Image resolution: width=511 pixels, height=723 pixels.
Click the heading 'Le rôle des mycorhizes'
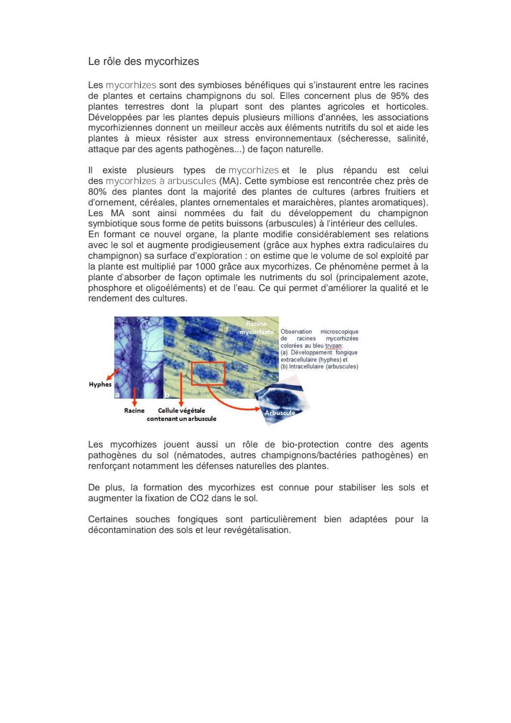(143, 61)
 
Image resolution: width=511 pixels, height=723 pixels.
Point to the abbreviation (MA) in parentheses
(230, 181)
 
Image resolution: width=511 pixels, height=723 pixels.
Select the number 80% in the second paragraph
(97, 192)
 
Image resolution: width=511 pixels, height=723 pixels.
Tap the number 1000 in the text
(205, 267)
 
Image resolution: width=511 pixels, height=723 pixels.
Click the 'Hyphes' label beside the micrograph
(100, 384)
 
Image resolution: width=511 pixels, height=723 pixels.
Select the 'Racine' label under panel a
(134, 411)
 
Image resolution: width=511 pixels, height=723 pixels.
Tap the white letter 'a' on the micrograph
(117, 394)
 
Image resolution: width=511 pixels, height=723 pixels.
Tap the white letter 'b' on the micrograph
(167, 395)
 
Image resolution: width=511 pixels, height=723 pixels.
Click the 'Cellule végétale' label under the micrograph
(181, 411)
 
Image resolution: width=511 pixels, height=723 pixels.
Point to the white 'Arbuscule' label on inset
(280, 413)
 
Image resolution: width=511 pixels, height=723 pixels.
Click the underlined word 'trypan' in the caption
(333, 346)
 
